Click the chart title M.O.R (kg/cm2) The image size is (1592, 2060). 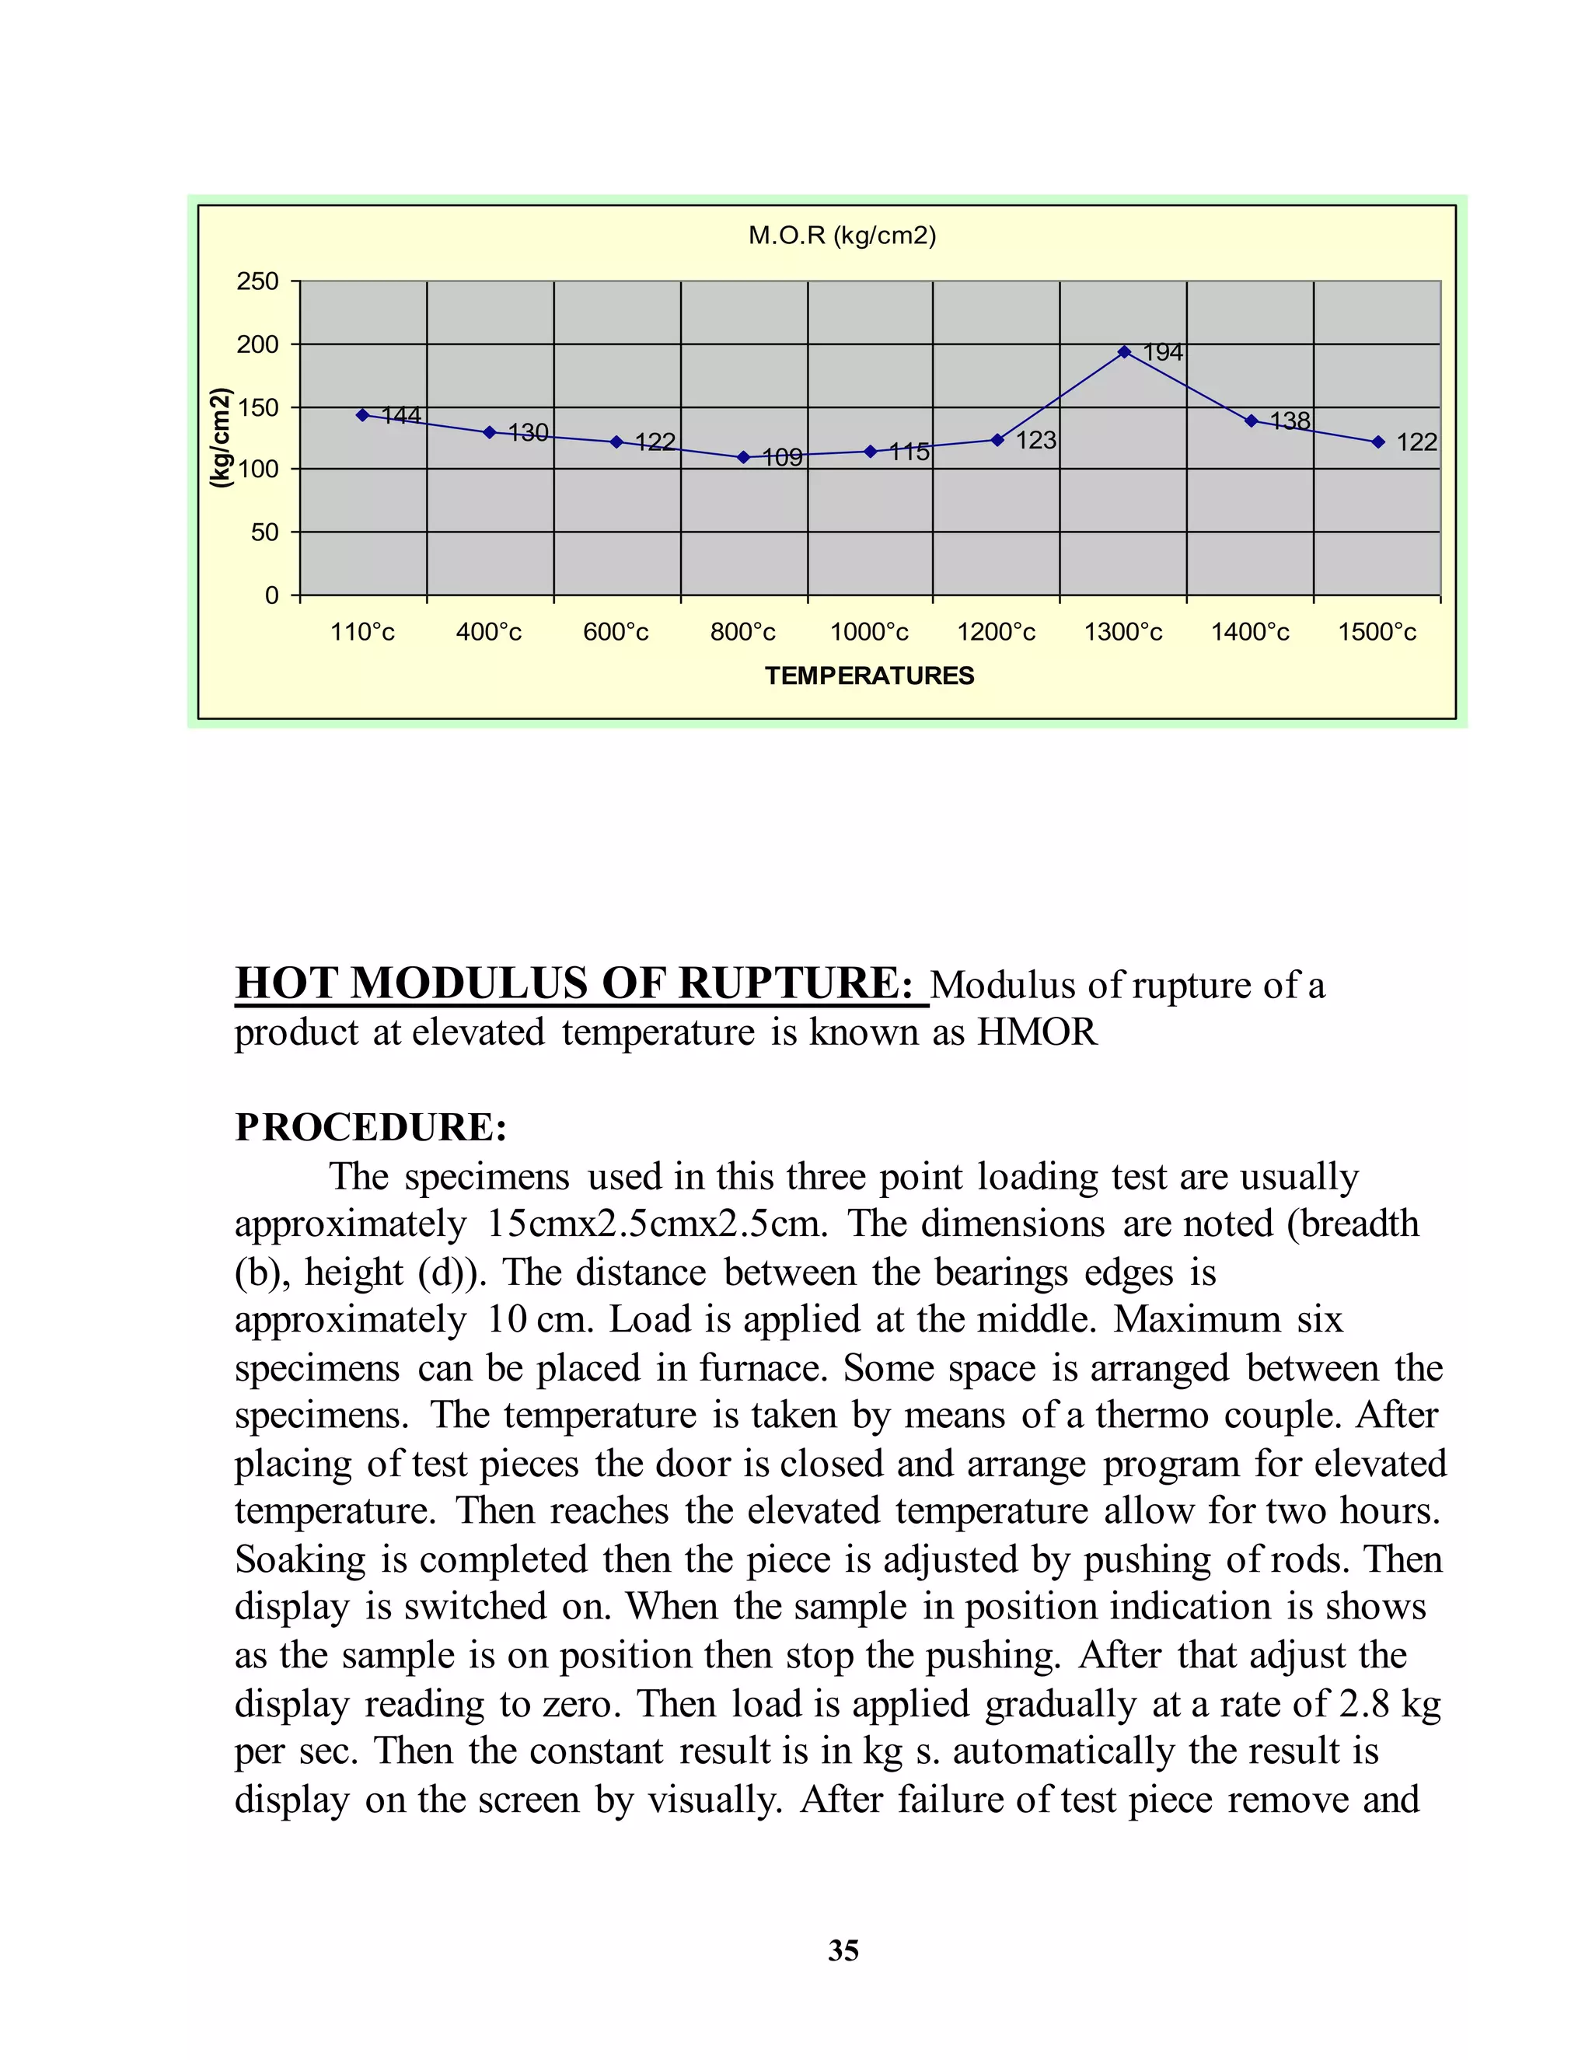[x=841, y=236]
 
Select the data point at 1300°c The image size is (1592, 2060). [x=1124, y=352]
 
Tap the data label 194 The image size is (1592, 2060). [x=1163, y=352]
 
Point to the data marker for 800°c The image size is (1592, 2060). [x=743, y=457]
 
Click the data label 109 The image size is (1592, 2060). [x=782, y=457]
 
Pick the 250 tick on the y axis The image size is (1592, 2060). [x=257, y=281]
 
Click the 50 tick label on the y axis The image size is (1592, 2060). [x=264, y=532]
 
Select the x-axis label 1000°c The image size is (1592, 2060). [x=868, y=632]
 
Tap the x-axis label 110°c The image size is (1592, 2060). [x=362, y=632]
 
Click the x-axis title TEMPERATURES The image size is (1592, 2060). [x=868, y=676]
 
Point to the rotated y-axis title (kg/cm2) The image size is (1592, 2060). [x=220, y=438]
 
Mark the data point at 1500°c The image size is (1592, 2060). [x=1378, y=442]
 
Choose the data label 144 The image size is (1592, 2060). [x=401, y=415]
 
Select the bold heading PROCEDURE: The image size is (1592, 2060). [x=371, y=1127]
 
